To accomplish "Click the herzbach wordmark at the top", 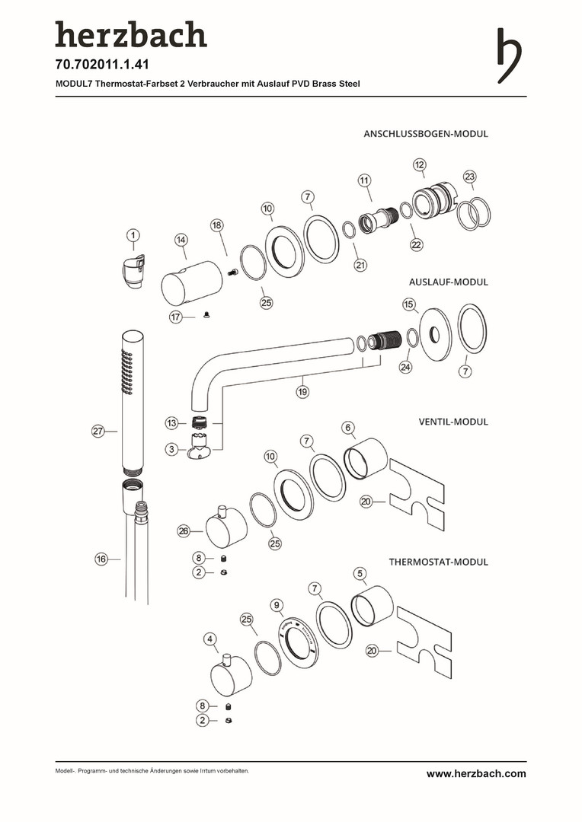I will click(130, 36).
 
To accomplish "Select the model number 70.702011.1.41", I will click(101, 65).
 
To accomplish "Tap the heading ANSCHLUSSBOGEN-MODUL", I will click(425, 134).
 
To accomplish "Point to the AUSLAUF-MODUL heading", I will click(448, 282).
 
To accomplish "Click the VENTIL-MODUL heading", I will click(452, 422).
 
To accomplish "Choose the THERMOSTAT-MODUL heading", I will click(438, 562).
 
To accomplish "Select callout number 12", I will click(420, 164).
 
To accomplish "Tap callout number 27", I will click(98, 432).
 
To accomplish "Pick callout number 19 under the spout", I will click(302, 393).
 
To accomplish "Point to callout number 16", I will click(101, 559).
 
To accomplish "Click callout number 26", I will click(183, 531).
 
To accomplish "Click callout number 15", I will click(410, 304).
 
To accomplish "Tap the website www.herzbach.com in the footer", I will click(475, 774).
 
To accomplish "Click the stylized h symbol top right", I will click(509, 56).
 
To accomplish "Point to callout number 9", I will click(277, 604).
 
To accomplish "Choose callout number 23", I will click(470, 177).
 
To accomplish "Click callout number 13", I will click(172, 423).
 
